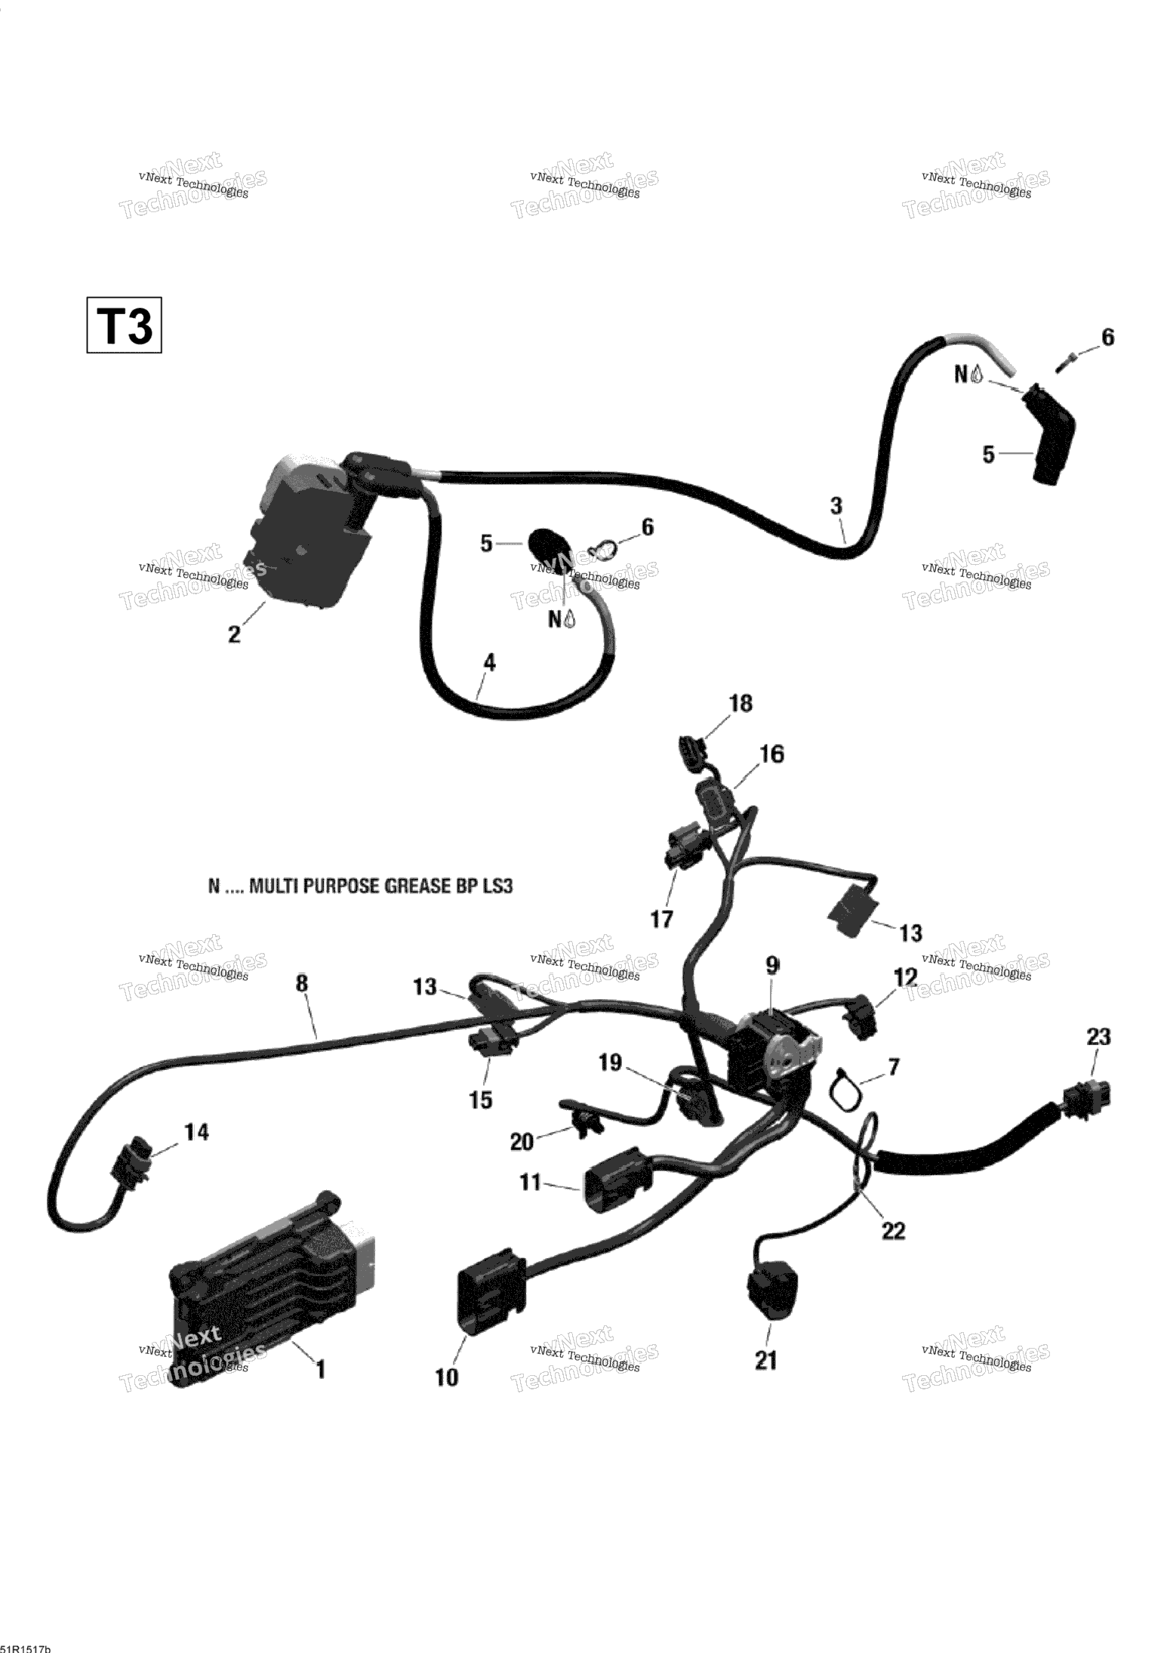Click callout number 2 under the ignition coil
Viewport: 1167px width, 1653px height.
[x=235, y=634]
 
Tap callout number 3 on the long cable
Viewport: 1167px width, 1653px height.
[x=836, y=506]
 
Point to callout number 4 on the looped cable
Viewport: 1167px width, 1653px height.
[x=489, y=663]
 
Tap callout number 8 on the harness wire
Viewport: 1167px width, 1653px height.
[x=302, y=984]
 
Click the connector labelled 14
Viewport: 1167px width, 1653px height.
[x=129, y=1178]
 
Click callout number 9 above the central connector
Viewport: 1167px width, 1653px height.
[x=771, y=964]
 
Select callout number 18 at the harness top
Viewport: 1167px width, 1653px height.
[x=741, y=704]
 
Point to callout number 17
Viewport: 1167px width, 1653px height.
[x=661, y=919]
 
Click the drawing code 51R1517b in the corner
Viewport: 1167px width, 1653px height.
[x=26, y=1645]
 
